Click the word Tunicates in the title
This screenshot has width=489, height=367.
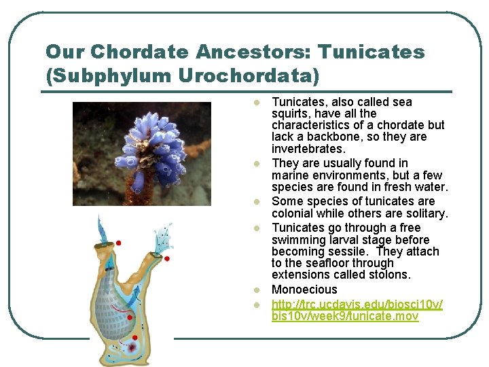click(372, 52)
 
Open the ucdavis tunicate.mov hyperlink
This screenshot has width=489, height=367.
click(357, 310)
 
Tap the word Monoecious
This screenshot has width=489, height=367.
click(304, 290)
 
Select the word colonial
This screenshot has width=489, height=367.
click(295, 213)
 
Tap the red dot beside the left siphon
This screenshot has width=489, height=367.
click(118, 243)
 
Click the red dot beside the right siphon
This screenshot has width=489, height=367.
click(166, 258)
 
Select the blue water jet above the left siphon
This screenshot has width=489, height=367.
click(102, 228)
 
